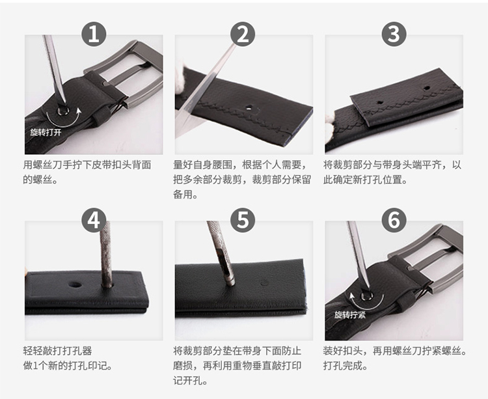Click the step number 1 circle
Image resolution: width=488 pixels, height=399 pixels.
click(x=94, y=34)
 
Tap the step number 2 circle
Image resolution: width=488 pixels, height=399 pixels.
click(x=243, y=34)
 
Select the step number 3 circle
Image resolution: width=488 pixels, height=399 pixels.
click(x=394, y=34)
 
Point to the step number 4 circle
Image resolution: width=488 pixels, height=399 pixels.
click(x=94, y=220)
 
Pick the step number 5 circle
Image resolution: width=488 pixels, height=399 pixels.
click(x=243, y=220)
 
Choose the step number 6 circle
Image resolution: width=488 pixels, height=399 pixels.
click(x=394, y=220)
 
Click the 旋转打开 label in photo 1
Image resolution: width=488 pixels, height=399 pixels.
click(x=46, y=132)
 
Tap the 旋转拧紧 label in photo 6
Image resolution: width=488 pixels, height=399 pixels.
click(x=350, y=315)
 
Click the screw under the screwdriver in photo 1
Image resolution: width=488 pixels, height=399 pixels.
click(x=63, y=111)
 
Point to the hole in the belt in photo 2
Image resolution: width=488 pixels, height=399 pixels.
click(x=249, y=108)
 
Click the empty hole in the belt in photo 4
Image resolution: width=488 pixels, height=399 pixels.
click(x=75, y=284)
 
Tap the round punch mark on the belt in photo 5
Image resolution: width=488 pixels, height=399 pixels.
click(x=265, y=283)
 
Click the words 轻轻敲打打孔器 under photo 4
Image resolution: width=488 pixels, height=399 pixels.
click(x=57, y=351)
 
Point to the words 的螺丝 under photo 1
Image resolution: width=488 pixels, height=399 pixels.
click(x=37, y=180)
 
